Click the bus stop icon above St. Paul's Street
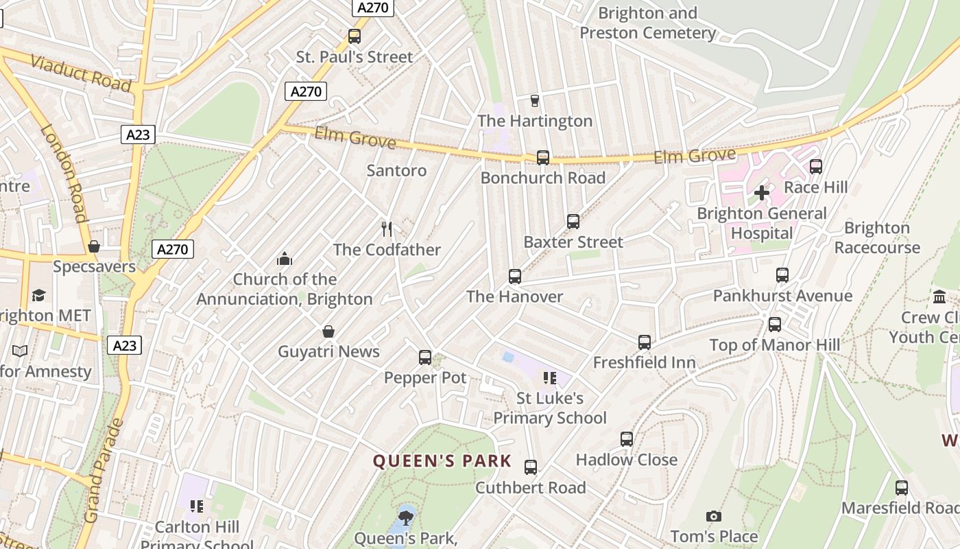point(355,36)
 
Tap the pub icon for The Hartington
point(535,101)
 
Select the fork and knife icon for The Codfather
point(387,229)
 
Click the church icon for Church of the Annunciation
point(284,259)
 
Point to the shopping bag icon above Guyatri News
point(328,331)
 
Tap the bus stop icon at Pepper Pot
point(425,358)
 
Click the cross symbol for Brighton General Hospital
point(762,194)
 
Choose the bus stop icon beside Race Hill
point(816,167)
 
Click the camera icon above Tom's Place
point(714,516)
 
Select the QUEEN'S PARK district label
point(442,460)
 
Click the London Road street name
point(64,173)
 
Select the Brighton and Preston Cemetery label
point(647,23)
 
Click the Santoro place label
point(396,170)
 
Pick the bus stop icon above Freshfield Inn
point(645,342)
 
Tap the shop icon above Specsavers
point(94,246)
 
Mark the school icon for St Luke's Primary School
point(549,378)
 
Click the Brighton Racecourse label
point(877,237)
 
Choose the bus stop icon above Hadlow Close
point(627,439)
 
